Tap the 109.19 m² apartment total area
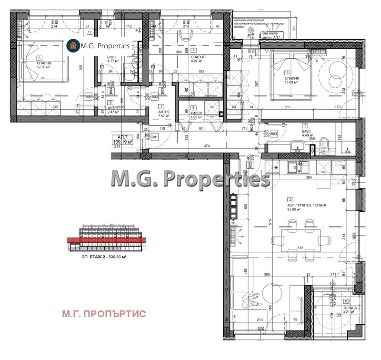(x=122, y=142)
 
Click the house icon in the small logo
(x=73, y=45)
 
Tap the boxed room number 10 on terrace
(x=346, y=301)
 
